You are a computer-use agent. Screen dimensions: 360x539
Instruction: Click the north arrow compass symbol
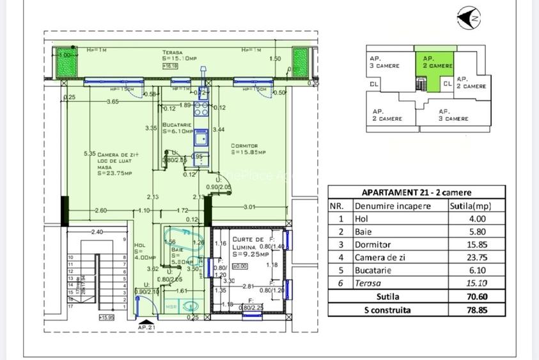tap(469, 18)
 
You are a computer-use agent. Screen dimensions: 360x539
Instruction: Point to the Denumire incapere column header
tap(393, 206)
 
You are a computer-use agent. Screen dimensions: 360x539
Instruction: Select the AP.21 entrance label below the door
tap(146, 327)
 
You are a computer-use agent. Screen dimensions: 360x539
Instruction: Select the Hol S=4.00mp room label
tap(141, 251)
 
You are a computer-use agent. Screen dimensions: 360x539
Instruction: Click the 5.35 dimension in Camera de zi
tap(90, 153)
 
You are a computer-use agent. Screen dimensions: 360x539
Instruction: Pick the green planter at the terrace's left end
tap(65, 62)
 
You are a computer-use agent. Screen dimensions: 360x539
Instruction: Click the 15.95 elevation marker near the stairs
tap(106, 317)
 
